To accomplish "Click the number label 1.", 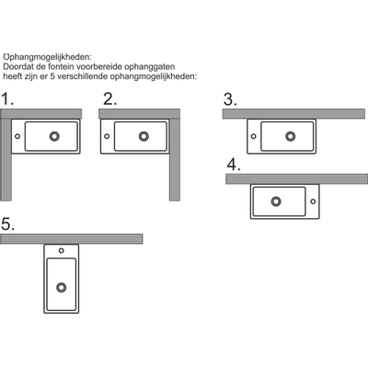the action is [x=7, y=99].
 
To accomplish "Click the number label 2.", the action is [x=109, y=99].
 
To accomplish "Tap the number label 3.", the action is [x=230, y=99].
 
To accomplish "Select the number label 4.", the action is [x=234, y=165].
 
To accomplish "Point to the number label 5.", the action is [x=8, y=224].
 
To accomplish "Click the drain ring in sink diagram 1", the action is [x=54, y=136].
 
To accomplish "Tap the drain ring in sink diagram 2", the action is [x=144, y=136].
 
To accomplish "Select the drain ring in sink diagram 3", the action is [x=291, y=136].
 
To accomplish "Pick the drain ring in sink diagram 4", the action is [x=276, y=201].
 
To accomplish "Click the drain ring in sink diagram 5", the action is [x=62, y=287].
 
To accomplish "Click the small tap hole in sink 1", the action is [x=17, y=136].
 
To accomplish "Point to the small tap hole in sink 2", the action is [x=107, y=136].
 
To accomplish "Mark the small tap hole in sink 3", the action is [x=254, y=136].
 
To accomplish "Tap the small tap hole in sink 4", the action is [x=313, y=201].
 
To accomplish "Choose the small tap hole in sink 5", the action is [x=62, y=250].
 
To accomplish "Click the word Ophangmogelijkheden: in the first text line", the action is [x=48, y=57].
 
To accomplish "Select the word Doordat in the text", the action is [x=16, y=66].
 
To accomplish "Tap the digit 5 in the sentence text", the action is [x=52, y=76].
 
